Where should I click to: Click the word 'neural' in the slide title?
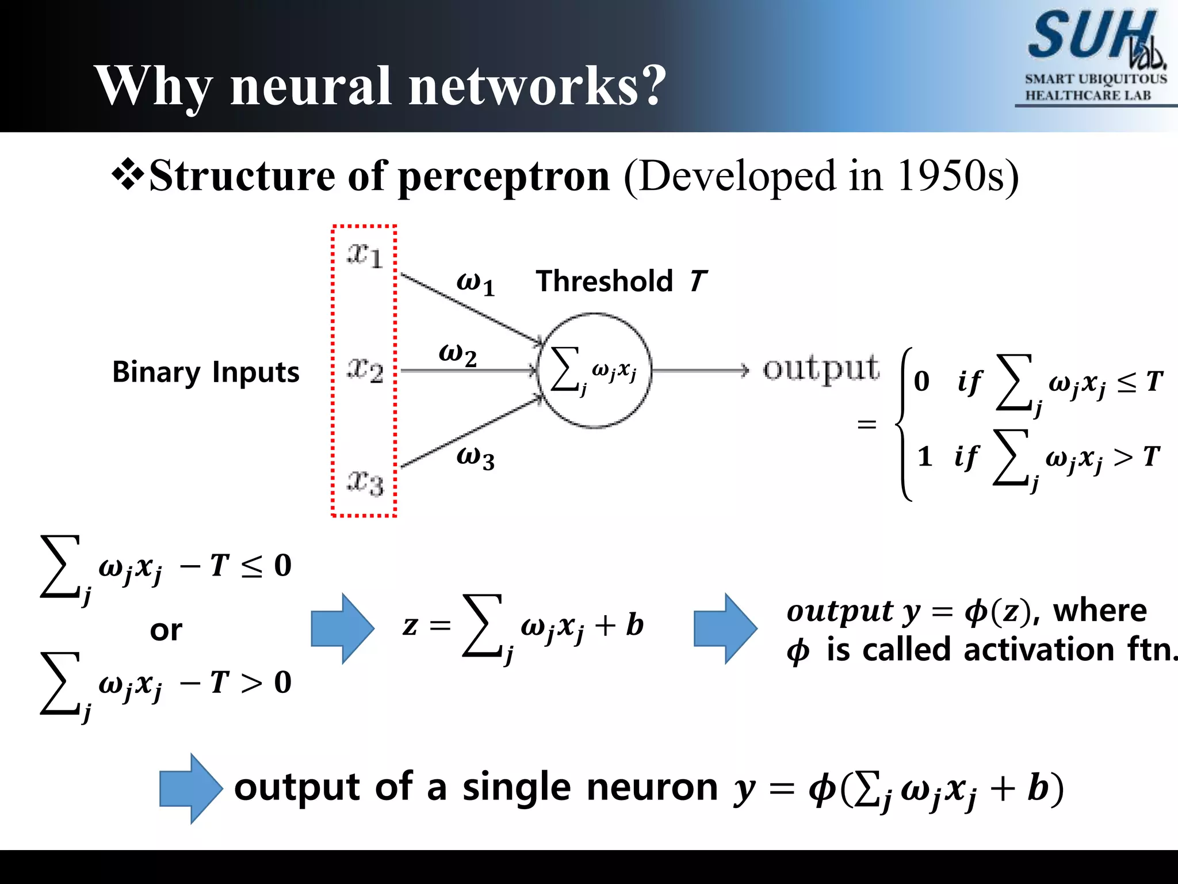[311, 86]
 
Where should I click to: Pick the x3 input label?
[365, 482]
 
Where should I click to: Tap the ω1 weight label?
[475, 283]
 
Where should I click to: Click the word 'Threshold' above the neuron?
[604, 281]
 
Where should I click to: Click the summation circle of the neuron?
[594, 371]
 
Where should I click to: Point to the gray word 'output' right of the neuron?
[821, 369]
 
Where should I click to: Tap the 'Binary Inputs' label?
[205, 372]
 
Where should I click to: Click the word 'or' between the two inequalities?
[166, 630]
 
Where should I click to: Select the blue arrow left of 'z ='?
[342, 628]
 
